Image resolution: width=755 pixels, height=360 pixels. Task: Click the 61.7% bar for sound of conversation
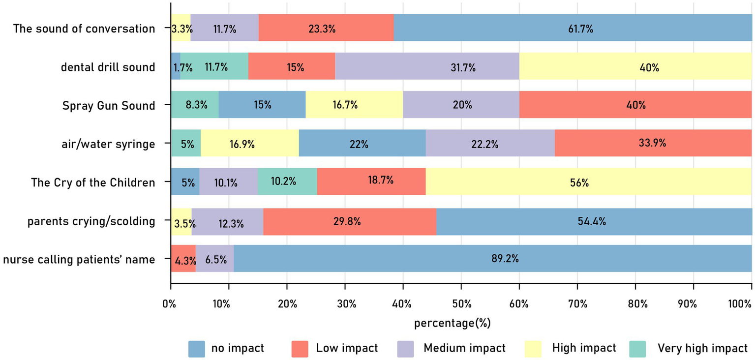coord(573,28)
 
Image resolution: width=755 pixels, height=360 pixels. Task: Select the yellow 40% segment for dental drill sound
coord(635,66)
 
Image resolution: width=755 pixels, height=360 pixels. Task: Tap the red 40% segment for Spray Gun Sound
coord(635,105)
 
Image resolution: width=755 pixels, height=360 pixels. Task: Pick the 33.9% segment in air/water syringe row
coord(653,144)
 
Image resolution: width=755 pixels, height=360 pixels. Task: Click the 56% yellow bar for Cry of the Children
coord(588,182)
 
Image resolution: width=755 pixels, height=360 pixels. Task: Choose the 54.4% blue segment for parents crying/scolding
coord(594,221)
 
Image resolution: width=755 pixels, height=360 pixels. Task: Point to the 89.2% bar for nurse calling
coord(492,259)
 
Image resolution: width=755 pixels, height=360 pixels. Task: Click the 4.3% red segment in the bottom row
coord(183,259)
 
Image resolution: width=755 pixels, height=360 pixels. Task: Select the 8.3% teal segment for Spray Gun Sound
coord(195,105)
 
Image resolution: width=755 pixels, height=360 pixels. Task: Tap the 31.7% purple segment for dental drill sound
coord(427,66)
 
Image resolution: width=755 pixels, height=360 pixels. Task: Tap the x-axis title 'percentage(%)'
coord(453,323)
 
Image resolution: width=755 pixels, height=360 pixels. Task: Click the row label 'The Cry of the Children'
coord(93,182)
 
